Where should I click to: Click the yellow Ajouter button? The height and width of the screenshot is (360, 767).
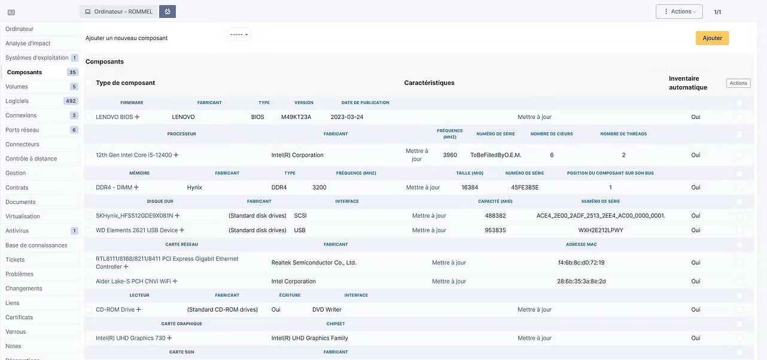pyautogui.click(x=712, y=38)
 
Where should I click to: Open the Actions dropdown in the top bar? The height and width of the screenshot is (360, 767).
pyautogui.click(x=678, y=11)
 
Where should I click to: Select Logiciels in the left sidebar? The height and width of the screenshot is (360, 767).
pyautogui.click(x=17, y=101)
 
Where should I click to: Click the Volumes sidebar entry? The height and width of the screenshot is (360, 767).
pyautogui.click(x=17, y=87)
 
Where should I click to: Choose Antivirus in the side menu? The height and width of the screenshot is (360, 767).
pyautogui.click(x=17, y=231)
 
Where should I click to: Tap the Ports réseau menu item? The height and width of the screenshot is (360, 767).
pyautogui.click(x=22, y=130)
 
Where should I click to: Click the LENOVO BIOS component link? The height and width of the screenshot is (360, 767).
pyautogui.click(x=114, y=117)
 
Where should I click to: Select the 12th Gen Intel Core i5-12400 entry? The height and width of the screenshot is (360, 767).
pyautogui.click(x=133, y=155)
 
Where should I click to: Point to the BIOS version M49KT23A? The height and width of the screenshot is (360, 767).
pyautogui.click(x=296, y=117)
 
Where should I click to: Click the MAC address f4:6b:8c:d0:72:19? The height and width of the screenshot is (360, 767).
pyautogui.click(x=581, y=263)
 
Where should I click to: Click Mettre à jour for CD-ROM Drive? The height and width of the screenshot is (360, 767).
pyautogui.click(x=534, y=310)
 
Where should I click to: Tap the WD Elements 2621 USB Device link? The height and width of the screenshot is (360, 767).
pyautogui.click(x=137, y=230)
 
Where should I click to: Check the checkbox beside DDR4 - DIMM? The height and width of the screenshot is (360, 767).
pyautogui.click(x=89, y=188)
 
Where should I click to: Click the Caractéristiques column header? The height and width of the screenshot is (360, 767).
pyautogui.click(x=429, y=83)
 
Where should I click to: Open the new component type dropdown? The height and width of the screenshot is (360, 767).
pyautogui.click(x=239, y=35)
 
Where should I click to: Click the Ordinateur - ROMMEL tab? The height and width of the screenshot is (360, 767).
pyautogui.click(x=118, y=11)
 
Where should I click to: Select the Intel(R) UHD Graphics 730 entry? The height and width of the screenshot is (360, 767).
pyautogui.click(x=130, y=338)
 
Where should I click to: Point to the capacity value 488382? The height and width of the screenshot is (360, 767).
pyautogui.click(x=495, y=216)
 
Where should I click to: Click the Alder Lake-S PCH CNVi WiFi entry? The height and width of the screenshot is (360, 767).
pyautogui.click(x=133, y=282)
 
